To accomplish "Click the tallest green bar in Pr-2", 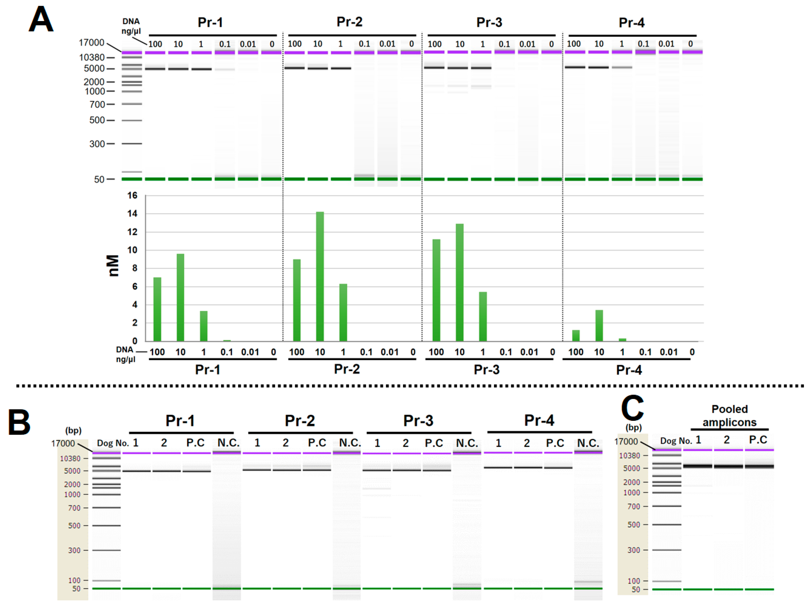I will click(x=320, y=277).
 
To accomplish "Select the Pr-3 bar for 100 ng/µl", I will click(x=436, y=290).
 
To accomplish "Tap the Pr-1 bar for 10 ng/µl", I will click(x=180, y=298).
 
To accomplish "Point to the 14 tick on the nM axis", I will click(x=132, y=214).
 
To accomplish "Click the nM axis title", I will click(x=114, y=265).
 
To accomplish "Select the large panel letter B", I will click(x=19, y=422).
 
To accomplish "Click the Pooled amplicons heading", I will click(x=729, y=416).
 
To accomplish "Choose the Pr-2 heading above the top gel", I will click(x=349, y=22).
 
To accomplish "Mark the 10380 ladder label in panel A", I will click(x=92, y=57).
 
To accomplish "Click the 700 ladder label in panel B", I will click(x=74, y=508).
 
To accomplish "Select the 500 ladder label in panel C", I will click(x=634, y=525).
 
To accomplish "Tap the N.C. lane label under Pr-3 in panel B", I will click(x=467, y=443).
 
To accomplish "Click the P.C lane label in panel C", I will click(x=758, y=440).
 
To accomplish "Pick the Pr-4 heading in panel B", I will click(x=539, y=421).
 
